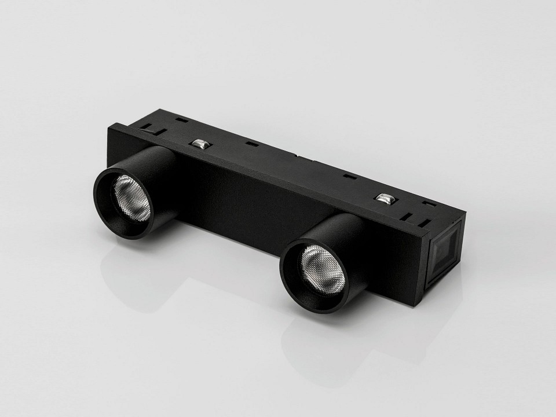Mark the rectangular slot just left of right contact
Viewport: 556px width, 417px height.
[348, 176]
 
